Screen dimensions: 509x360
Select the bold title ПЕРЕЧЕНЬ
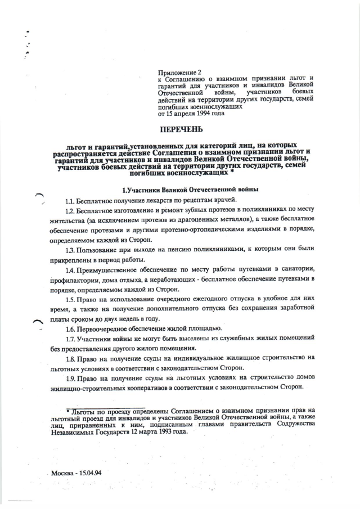180,129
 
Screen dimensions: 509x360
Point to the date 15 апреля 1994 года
195,113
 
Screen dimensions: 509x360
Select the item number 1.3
71,250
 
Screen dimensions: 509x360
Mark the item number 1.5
71,299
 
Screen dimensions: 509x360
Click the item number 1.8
71,358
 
